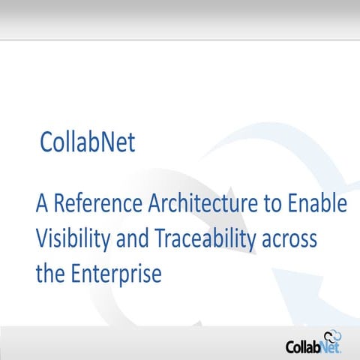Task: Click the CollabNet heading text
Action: point(88,142)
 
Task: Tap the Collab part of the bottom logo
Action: point(304,346)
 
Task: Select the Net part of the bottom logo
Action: point(331,347)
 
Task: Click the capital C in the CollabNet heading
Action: point(46,142)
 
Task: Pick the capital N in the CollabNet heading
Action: point(107,142)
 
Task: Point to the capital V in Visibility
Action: point(43,239)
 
